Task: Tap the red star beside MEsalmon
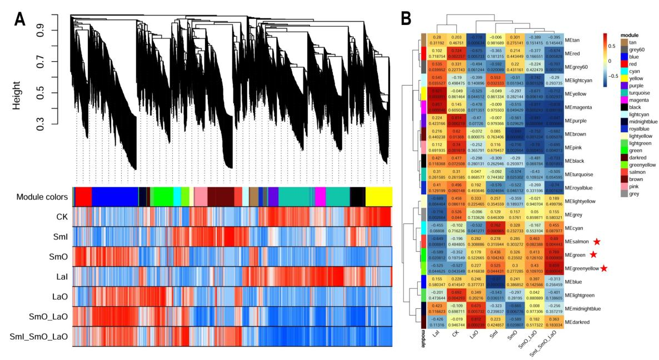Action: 597,242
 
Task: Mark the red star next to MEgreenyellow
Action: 603,268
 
